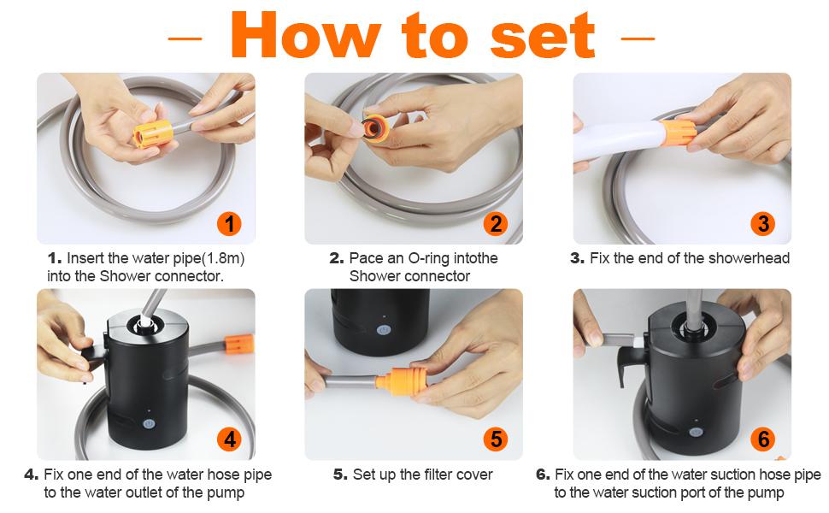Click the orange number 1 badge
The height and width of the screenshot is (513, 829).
pos(229,224)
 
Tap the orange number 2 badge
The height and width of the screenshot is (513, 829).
pos(496,224)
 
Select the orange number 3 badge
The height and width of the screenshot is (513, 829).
pos(763,224)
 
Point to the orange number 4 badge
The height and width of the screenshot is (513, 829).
pos(229,439)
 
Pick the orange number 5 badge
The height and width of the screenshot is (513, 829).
pos(496,439)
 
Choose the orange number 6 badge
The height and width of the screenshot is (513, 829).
pos(763,439)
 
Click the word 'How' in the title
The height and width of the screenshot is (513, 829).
pos(306,35)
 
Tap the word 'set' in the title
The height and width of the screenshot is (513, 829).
pos(543,36)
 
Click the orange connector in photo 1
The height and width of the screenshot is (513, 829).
pos(152,133)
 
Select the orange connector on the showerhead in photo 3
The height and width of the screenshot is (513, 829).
pos(677,133)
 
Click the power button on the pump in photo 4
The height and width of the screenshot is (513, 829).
pos(149,424)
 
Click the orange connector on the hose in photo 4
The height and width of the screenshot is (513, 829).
pos(239,344)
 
